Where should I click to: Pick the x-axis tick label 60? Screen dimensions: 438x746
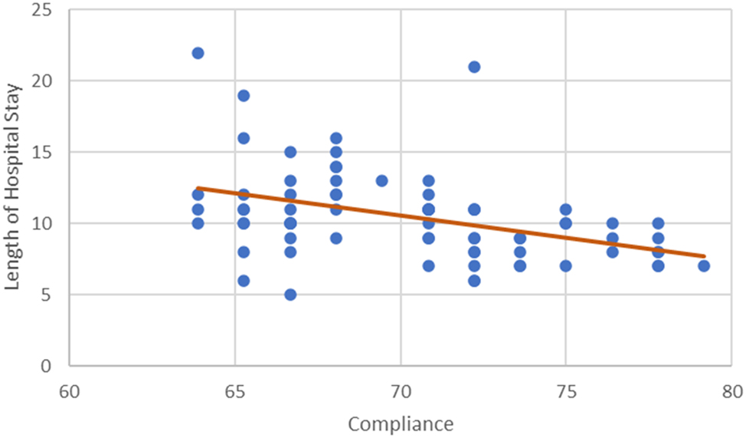[69, 390]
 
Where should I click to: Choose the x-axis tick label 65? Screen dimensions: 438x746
[234, 390]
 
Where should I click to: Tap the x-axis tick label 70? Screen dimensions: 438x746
[401, 390]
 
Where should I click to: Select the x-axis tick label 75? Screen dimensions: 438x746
[566, 390]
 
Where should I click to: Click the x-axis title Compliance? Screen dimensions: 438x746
[401, 423]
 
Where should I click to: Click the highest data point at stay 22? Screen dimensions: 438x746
[198, 53]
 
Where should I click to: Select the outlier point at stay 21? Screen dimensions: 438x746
[474, 67]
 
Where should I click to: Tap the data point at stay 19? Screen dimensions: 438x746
[244, 96]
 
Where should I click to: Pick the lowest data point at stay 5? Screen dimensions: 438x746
[290, 295]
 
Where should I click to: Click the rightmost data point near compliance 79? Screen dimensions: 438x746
[704, 266]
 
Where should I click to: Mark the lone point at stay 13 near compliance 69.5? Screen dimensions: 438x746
[381, 181]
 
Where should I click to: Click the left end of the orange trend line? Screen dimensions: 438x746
[198, 187]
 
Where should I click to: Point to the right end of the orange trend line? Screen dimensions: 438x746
[704, 255]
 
